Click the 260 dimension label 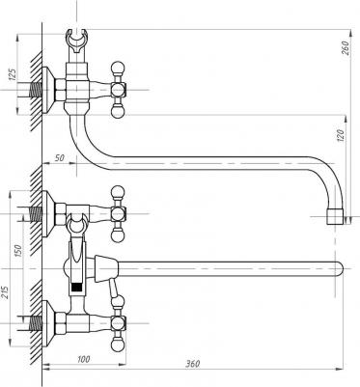(x=346, y=48)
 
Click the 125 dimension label (x=12, y=75)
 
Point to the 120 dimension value (x=342, y=135)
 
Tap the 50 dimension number (x=60, y=157)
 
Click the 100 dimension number (x=84, y=359)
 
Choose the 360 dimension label (x=193, y=364)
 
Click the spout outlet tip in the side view (x=335, y=216)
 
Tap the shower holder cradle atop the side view (x=76, y=41)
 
